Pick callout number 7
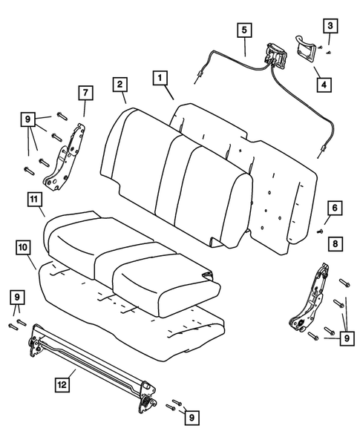point(85,93)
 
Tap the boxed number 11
point(34,200)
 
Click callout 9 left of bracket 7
point(27,119)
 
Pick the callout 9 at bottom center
point(193,418)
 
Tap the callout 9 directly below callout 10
point(16,298)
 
